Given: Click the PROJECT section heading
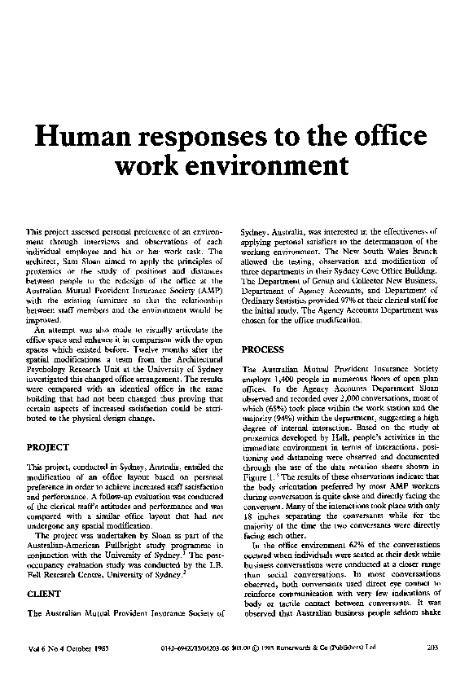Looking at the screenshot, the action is (x=47, y=447).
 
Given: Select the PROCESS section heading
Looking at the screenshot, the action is (x=264, y=349).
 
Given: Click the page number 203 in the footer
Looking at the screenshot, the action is (x=432, y=648).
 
